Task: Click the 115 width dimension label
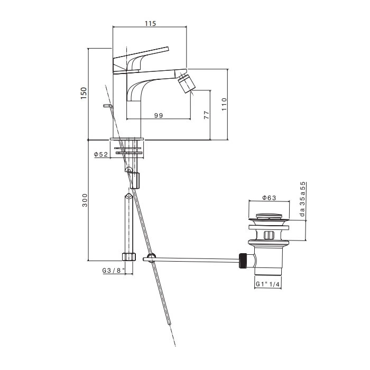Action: coord(150,23)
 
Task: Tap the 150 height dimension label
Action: coord(84,93)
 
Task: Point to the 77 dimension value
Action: coord(207,115)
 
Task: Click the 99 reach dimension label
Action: coord(159,115)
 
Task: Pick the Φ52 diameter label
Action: coord(101,154)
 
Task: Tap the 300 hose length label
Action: coord(85,200)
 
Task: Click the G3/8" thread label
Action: coord(114,271)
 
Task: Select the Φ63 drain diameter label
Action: coord(269,198)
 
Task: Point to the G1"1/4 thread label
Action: coord(268,284)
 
